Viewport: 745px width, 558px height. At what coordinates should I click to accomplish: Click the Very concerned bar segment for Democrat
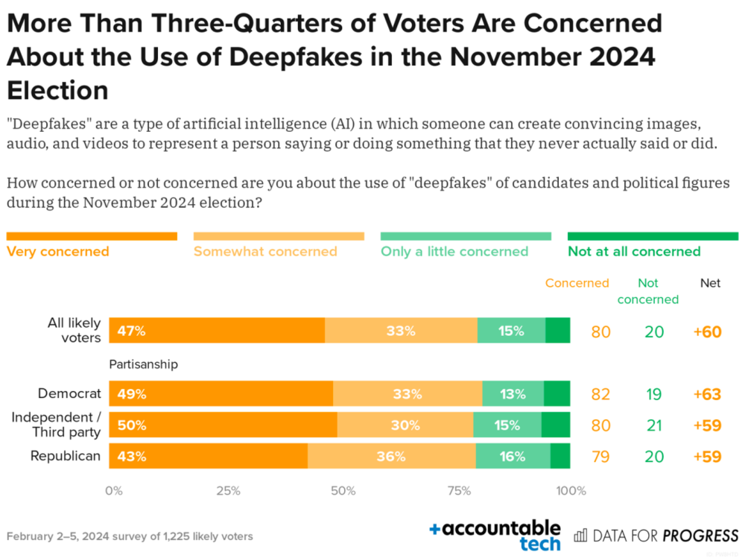coord(221,394)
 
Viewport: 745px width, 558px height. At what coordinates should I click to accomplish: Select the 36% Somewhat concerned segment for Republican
coord(391,456)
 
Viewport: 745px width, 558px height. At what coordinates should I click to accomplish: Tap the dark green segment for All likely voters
coord(557,331)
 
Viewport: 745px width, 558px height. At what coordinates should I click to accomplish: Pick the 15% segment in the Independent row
coord(507,425)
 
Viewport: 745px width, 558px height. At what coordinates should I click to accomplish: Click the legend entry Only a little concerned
coord(454,251)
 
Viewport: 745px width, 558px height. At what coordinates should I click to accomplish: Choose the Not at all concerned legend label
coord(634,251)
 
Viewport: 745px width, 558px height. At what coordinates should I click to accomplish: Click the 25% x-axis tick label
coord(228,491)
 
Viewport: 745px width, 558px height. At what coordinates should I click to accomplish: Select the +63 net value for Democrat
coord(707,394)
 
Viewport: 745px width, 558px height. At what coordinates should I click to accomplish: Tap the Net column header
coord(710,283)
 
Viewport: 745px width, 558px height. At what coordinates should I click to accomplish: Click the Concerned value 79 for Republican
coord(600,456)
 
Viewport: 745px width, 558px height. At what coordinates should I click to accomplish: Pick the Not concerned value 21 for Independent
coord(654,425)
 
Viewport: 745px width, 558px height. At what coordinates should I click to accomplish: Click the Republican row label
coord(66,456)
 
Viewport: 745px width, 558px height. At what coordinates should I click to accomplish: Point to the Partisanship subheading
coord(144,365)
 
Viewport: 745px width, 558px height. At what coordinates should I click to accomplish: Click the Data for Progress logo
coord(656,535)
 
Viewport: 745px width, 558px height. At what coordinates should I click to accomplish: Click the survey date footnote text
coord(130,536)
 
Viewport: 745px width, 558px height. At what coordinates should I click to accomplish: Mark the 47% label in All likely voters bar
coord(132,331)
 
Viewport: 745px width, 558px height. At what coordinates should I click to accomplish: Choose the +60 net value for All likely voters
coord(707,332)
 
